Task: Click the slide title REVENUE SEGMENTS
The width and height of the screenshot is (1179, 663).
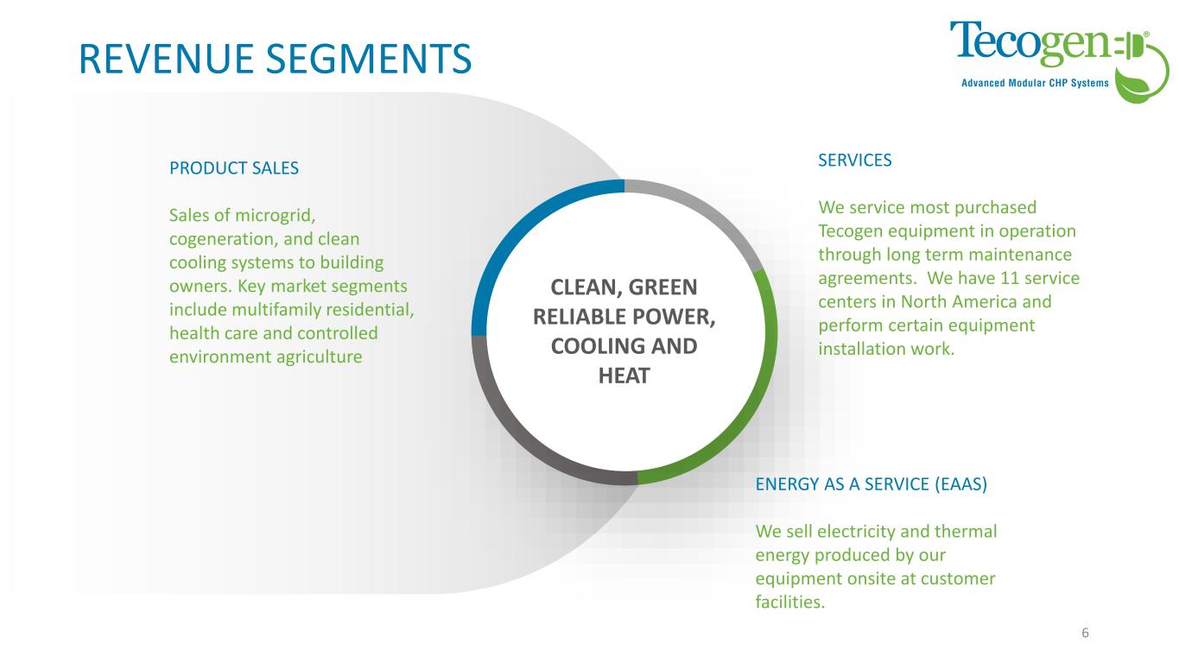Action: point(275,58)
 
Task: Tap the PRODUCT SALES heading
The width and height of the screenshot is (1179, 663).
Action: point(234,168)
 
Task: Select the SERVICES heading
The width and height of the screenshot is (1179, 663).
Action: point(854,160)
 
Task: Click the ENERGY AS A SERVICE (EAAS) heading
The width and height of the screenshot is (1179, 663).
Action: point(871,484)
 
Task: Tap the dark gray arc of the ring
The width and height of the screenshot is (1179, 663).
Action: point(518,432)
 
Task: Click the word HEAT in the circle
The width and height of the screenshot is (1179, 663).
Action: point(624,376)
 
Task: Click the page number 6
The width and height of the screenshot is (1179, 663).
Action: point(1085,633)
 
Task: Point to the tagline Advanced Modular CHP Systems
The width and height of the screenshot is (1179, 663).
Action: point(1036,83)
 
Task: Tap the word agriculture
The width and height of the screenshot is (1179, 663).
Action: point(319,356)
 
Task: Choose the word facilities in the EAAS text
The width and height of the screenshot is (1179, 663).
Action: point(789,603)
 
